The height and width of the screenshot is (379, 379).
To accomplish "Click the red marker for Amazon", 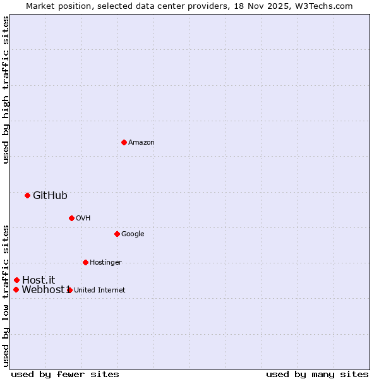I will [x=124, y=142].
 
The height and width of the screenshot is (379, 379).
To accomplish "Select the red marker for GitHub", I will [x=27, y=195].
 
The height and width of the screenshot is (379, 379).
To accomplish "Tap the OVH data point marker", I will [x=71, y=218].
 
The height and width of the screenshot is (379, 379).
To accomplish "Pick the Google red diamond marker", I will [x=117, y=234].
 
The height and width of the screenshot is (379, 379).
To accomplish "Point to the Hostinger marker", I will [x=85, y=262].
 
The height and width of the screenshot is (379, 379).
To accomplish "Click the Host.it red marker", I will [x=16, y=280].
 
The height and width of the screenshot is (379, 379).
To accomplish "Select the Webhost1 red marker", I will [x=16, y=289].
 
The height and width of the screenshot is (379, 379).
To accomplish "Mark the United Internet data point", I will [x=69, y=290].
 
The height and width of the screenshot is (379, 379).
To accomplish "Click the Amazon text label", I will [x=141, y=143].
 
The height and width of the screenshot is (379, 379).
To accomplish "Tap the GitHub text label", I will [x=50, y=196].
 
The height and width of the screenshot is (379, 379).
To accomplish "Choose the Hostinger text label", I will [x=105, y=263].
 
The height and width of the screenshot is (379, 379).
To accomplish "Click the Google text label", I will [x=133, y=234].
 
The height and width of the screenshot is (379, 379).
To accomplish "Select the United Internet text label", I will [x=99, y=291].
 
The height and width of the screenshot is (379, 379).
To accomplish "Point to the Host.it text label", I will [x=39, y=280].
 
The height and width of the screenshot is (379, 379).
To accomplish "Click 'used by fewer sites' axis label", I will [x=65, y=374].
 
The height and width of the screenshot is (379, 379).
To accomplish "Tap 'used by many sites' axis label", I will [x=317, y=374].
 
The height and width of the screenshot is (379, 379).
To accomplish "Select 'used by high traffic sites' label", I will [x=6, y=90].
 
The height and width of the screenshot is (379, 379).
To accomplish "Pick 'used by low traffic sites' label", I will [x=6, y=295].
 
